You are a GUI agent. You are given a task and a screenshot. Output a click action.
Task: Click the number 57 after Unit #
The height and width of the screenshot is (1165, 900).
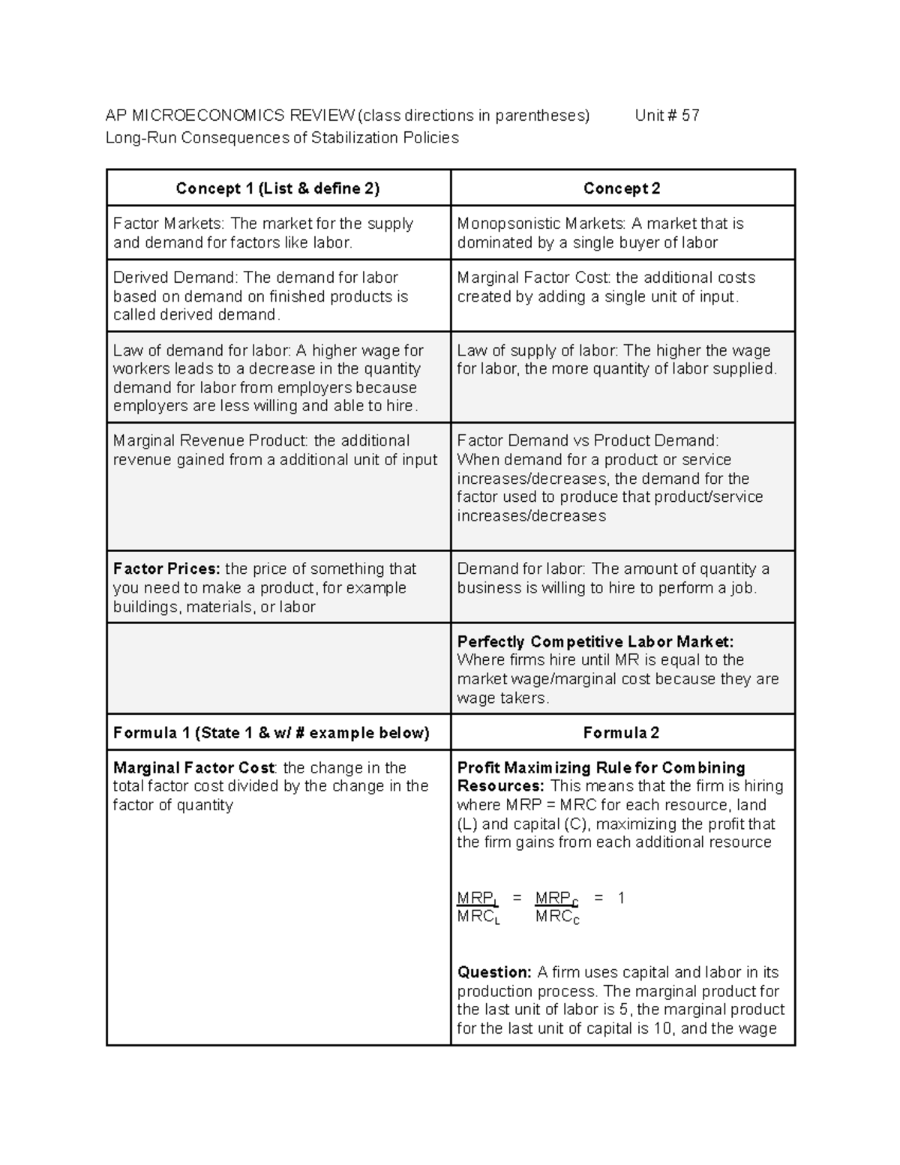(690, 116)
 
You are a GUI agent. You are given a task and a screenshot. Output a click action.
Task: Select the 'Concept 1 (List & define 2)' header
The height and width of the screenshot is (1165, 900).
(277, 188)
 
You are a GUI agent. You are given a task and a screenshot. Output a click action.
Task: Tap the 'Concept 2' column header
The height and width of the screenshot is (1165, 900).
(622, 188)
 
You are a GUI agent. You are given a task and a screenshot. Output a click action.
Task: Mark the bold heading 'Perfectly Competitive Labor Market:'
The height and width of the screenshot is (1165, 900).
(595, 642)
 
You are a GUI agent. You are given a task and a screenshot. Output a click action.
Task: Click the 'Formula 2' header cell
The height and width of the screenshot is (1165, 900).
(621, 733)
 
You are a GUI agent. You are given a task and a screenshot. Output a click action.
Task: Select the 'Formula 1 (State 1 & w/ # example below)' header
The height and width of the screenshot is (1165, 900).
(271, 733)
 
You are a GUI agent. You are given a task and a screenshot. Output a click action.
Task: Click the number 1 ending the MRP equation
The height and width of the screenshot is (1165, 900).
(621, 898)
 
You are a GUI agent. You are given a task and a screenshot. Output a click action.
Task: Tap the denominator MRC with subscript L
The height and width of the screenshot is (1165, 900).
(478, 917)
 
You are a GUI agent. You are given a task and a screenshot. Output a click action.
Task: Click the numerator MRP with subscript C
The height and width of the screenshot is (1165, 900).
(556, 899)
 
